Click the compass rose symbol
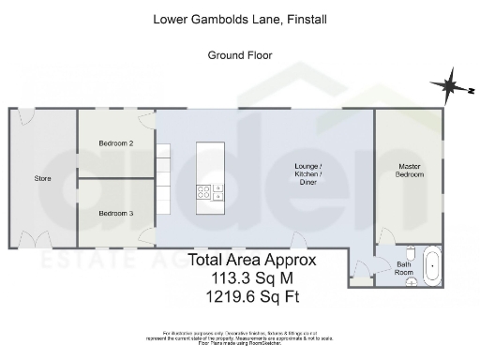(448, 86)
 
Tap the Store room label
(42, 178)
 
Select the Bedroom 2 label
(116, 143)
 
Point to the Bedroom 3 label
(116, 214)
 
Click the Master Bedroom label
(410, 170)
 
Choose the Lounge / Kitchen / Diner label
(308, 174)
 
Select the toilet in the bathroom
(411, 253)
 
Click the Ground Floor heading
(239, 55)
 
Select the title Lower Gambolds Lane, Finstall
(239, 17)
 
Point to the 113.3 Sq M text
(253, 279)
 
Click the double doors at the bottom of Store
(36, 240)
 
